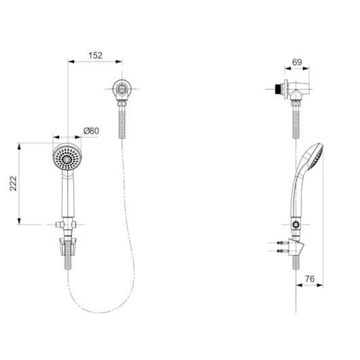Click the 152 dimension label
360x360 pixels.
(x=95, y=55)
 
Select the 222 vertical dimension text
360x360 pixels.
(x=14, y=183)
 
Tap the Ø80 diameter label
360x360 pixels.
(x=92, y=131)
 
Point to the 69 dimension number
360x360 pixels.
(x=297, y=62)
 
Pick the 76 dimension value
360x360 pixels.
(x=310, y=278)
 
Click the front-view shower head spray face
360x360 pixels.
(x=67, y=158)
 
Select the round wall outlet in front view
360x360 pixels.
(x=122, y=89)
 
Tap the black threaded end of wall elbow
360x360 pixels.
(x=278, y=89)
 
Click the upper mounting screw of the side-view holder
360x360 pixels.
(x=281, y=242)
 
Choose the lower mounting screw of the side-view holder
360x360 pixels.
(x=281, y=251)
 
